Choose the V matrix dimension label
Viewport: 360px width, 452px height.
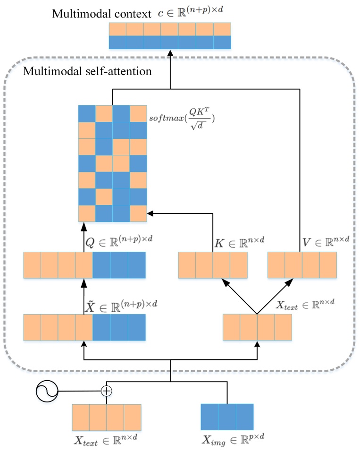tap(326, 241)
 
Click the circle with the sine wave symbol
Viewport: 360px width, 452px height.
tap(47, 391)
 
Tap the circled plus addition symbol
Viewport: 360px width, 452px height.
tap(106, 391)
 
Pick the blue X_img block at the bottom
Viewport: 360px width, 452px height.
tap(227, 417)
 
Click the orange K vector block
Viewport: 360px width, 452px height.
tap(213, 264)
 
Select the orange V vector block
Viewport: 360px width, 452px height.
tap(302, 264)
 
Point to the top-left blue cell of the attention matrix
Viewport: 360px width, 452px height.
tap(87, 113)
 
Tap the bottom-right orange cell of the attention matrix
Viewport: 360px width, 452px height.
tap(139, 213)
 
